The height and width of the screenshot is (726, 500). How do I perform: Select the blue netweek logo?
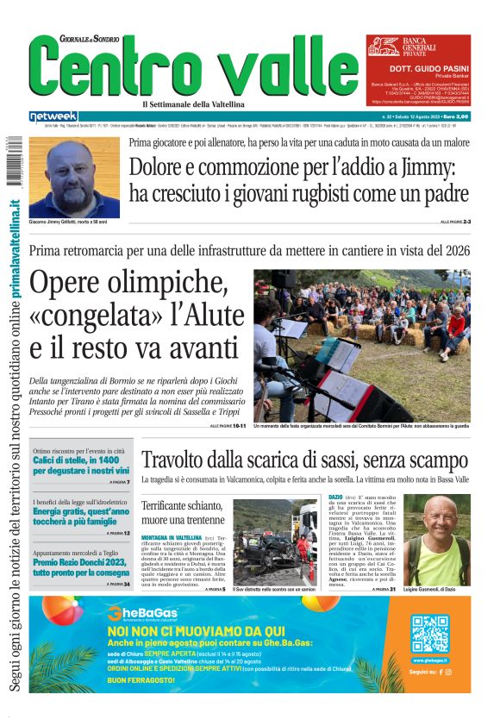point(53,116)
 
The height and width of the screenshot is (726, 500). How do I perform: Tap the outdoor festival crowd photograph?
point(362,346)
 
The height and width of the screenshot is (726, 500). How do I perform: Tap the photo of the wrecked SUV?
point(274,542)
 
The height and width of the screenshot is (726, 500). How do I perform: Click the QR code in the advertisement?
point(428,634)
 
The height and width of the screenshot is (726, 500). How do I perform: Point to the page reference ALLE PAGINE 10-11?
point(228,426)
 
